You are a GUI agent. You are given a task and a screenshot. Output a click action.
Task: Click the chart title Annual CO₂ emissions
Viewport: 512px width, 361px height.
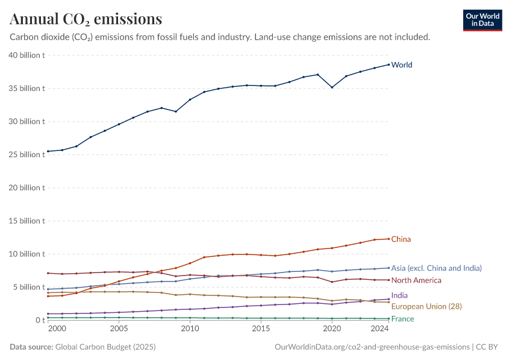(x=86, y=19)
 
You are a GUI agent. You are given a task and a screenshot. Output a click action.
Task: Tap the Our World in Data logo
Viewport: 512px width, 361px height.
(x=482, y=20)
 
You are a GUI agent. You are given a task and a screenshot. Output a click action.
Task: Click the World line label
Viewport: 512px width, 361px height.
(x=402, y=65)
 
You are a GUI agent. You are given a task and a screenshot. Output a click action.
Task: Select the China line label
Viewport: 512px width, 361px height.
(x=401, y=239)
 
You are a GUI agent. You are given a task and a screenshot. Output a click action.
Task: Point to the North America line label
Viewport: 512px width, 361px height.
(x=416, y=280)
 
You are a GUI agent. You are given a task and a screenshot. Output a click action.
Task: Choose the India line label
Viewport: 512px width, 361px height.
(x=399, y=295)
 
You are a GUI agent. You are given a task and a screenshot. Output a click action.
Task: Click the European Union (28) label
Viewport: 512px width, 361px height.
(x=426, y=306)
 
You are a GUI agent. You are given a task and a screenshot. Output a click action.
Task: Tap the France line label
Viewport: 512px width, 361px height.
(x=402, y=319)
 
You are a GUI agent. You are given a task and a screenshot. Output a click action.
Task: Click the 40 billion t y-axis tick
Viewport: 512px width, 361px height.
(x=27, y=55)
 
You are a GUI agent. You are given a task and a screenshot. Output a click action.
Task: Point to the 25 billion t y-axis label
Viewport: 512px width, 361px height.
(x=27, y=155)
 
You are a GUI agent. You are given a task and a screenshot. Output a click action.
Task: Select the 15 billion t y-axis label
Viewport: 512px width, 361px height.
(x=27, y=221)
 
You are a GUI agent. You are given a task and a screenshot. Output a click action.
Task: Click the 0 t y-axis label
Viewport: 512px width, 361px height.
(x=38, y=320)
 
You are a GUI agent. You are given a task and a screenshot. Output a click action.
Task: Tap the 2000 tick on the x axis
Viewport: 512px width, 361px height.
(x=57, y=330)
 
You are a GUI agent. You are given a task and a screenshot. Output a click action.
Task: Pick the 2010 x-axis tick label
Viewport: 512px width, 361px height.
(x=190, y=330)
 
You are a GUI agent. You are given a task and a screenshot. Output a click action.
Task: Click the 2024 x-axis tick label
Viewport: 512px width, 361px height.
(x=380, y=330)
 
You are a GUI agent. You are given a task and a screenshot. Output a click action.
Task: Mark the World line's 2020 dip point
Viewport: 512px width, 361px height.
(x=332, y=87)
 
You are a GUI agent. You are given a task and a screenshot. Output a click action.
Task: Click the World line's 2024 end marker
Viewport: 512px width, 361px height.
(x=389, y=64)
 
